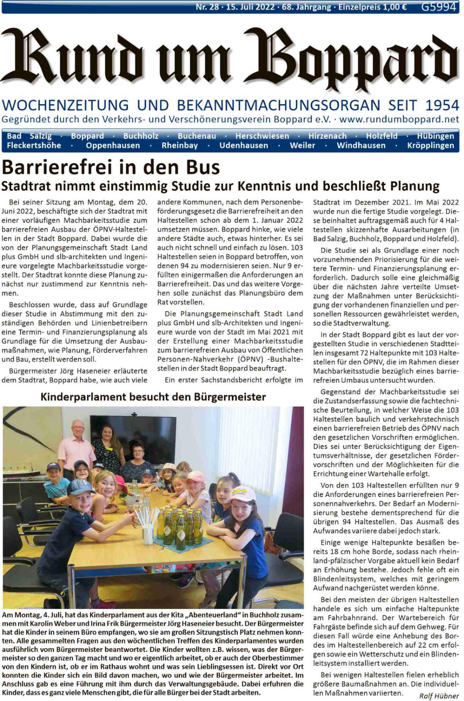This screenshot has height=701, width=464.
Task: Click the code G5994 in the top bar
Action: pyautogui.click(x=438, y=7)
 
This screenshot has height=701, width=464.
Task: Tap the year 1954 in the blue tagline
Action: pyautogui.click(x=442, y=105)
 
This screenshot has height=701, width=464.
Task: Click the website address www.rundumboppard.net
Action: pyautogui.click(x=399, y=119)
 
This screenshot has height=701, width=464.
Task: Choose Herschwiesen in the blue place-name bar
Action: pyautogui.click(x=262, y=136)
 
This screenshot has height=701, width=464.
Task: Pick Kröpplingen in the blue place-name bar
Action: pyautogui.click(x=430, y=145)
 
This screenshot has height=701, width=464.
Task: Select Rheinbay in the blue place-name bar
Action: pyautogui.click(x=179, y=145)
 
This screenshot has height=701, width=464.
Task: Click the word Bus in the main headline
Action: pyautogui.click(x=203, y=167)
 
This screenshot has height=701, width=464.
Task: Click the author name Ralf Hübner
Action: pyautogui.click(x=438, y=696)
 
